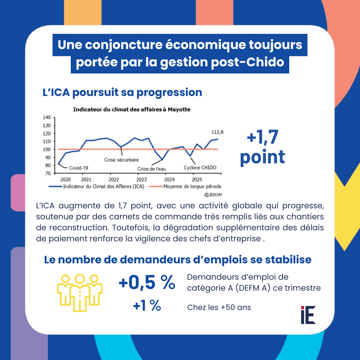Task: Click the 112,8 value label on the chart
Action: pyautogui.click(x=217, y=132)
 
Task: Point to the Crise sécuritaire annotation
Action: pyautogui.click(x=121, y=160)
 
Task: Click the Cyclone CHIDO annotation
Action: pyautogui.click(x=200, y=168)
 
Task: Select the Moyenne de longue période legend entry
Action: pyautogui.click(x=192, y=187)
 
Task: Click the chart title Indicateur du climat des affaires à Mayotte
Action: pyautogui.click(x=132, y=109)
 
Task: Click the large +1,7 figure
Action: pyautogui.click(x=262, y=138)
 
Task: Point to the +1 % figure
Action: pyautogui.click(x=147, y=306)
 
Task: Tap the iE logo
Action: pyautogui.click(x=308, y=315)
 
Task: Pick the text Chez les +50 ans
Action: pyautogui.click(x=219, y=307)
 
